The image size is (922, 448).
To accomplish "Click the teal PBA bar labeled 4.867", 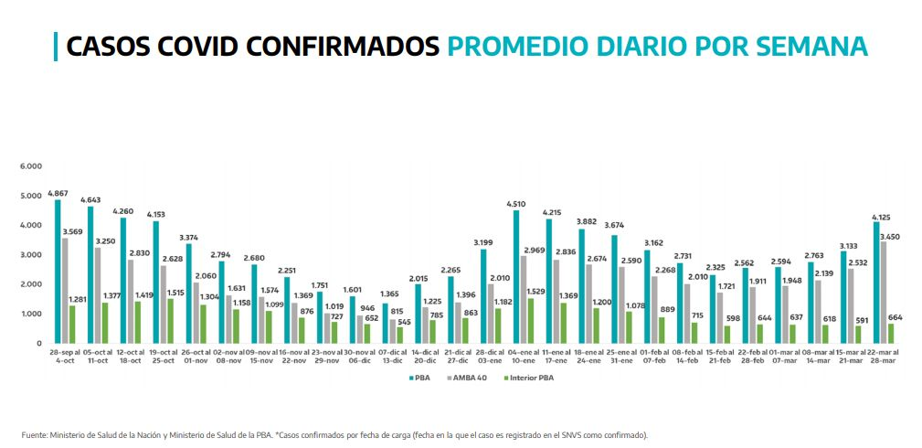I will (x=58, y=271).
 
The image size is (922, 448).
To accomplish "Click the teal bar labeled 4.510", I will (x=516, y=276).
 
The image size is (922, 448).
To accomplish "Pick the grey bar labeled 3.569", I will (x=65, y=290).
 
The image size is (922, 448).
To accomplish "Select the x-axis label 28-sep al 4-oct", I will (x=64, y=356).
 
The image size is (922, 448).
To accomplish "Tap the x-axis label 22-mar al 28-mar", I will (x=882, y=356).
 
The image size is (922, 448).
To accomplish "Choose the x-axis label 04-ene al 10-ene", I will (x=523, y=356).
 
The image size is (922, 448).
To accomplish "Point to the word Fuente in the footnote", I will (x=34, y=435).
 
